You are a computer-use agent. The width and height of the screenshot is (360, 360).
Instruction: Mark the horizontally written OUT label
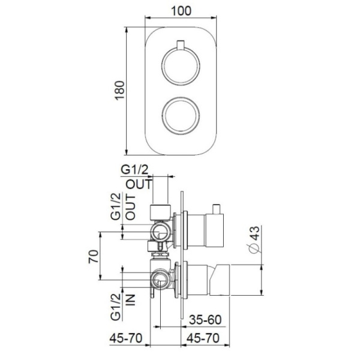point(139,184)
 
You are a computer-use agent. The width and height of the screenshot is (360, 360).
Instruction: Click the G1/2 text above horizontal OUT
point(137,171)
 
